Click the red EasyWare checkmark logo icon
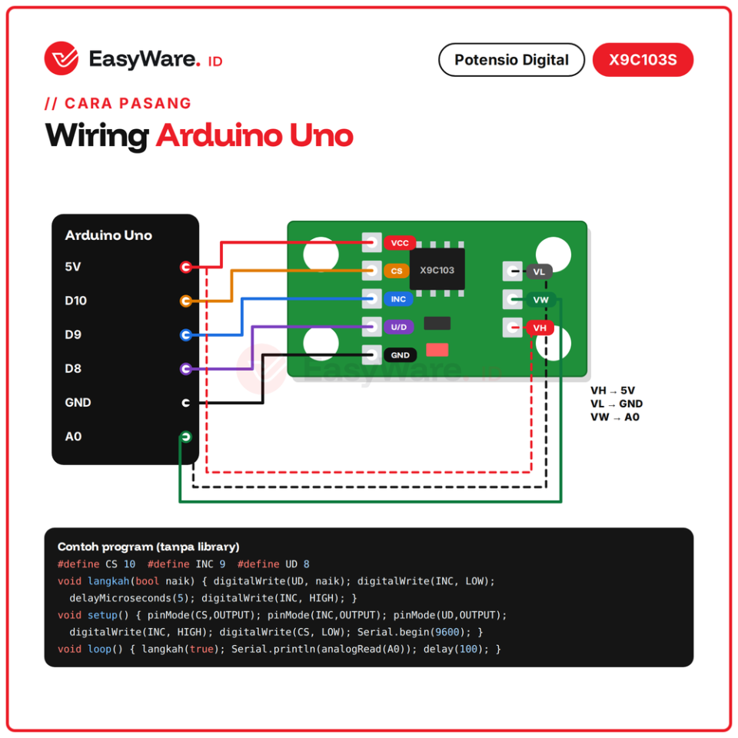coord(61,58)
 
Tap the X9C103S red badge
coord(643,60)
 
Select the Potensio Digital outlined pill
coord(511,60)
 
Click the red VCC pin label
coord(400,243)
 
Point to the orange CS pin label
coord(397,271)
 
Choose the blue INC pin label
coord(398,299)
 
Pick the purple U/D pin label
coord(399,327)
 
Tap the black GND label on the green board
coord(400,355)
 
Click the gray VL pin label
coord(539,271)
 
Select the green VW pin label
coord(540,300)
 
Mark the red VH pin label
coord(540,327)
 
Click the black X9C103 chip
coord(437,270)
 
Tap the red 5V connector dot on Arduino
coord(186,268)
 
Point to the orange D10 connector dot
coord(186,301)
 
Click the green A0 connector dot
coord(186,437)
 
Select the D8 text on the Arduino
coord(73,368)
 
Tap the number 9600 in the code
coord(447,632)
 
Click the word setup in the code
coord(102,615)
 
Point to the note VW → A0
coord(615,417)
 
